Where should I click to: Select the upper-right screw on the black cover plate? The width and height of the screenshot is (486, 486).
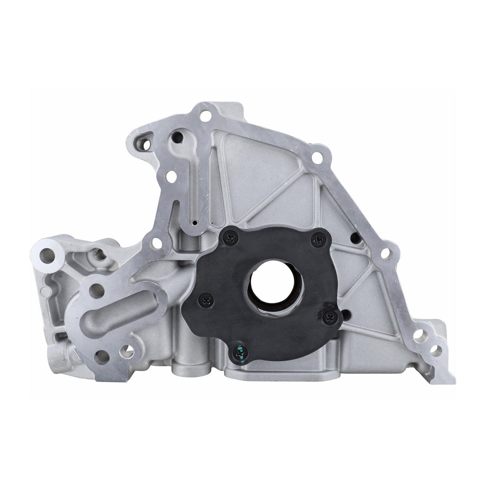click(319, 239)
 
